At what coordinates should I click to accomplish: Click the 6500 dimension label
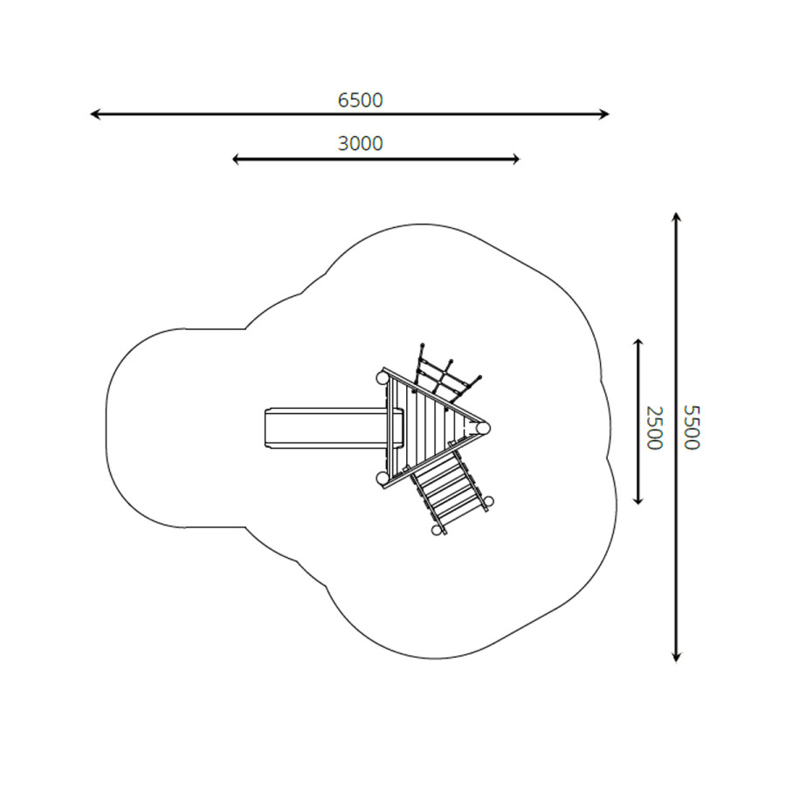(x=360, y=100)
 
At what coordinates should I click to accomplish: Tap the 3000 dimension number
(x=360, y=144)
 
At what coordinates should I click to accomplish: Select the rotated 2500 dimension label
(x=654, y=428)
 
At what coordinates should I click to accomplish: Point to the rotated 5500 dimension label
(x=692, y=427)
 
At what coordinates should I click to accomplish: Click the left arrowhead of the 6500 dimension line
(x=94, y=114)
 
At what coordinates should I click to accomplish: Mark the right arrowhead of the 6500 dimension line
(x=604, y=114)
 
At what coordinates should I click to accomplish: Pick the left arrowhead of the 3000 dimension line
(x=237, y=160)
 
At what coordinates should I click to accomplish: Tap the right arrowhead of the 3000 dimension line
(x=515, y=160)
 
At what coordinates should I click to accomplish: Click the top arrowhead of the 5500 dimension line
(x=676, y=217)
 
